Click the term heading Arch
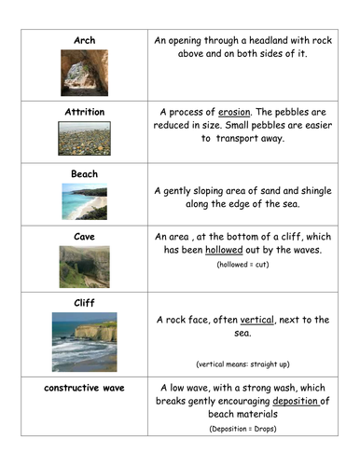click(85, 41)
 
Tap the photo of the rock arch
click(85, 72)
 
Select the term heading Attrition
click(85, 112)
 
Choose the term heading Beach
click(85, 174)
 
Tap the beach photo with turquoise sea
click(85, 200)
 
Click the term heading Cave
click(85, 236)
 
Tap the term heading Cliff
click(85, 302)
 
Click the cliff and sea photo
click(85, 342)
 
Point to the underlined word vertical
click(257, 320)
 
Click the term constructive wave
click(85, 387)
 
